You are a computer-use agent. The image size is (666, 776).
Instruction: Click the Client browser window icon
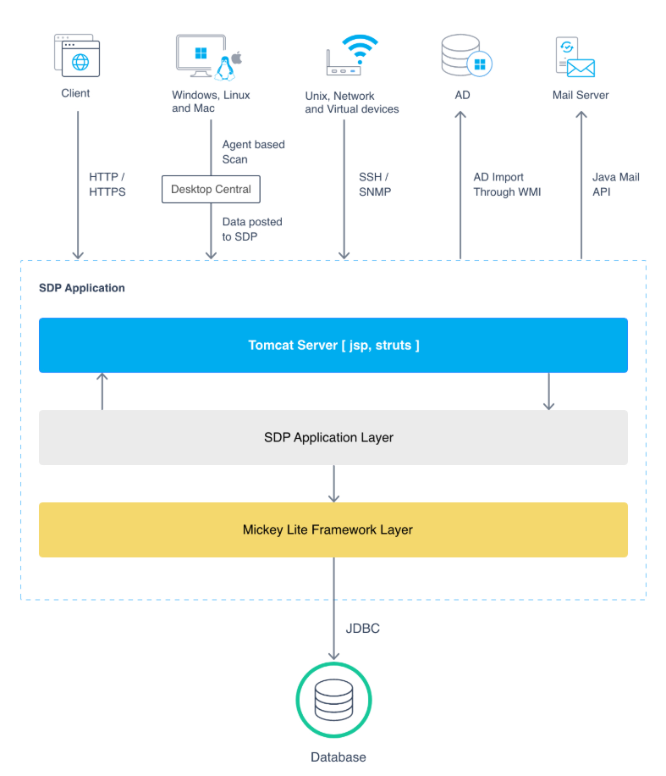click(x=77, y=55)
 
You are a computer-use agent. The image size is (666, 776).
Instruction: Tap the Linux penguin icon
click(x=225, y=69)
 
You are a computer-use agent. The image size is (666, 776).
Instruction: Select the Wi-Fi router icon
click(x=351, y=54)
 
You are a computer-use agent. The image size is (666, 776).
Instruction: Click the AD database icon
click(x=466, y=55)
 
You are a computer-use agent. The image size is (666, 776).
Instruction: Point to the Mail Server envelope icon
click(x=581, y=68)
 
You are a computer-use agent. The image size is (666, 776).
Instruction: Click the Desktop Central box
click(x=211, y=189)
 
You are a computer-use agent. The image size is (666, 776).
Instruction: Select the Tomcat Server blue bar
click(x=333, y=345)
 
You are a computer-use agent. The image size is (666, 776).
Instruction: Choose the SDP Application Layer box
click(x=333, y=437)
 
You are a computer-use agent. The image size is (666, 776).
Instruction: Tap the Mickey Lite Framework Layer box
click(x=333, y=529)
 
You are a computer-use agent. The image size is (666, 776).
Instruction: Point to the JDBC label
click(x=362, y=629)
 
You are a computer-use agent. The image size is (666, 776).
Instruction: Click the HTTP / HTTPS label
click(x=107, y=184)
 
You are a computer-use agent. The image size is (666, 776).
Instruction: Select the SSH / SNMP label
click(x=375, y=184)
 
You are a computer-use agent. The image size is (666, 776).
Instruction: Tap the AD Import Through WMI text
click(x=507, y=184)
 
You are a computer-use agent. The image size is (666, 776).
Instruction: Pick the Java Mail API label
click(x=615, y=184)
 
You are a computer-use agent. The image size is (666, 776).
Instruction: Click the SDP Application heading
click(x=82, y=288)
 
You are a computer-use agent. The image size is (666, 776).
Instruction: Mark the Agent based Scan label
click(x=253, y=152)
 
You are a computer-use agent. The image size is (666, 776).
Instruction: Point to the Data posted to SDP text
click(x=252, y=229)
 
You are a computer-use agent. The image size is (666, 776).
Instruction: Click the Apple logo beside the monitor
click(x=237, y=58)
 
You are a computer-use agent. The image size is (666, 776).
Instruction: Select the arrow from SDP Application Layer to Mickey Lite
click(x=333, y=484)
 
